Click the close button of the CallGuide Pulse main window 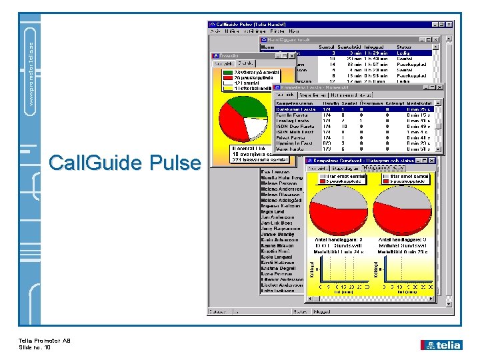coord(449,24)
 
